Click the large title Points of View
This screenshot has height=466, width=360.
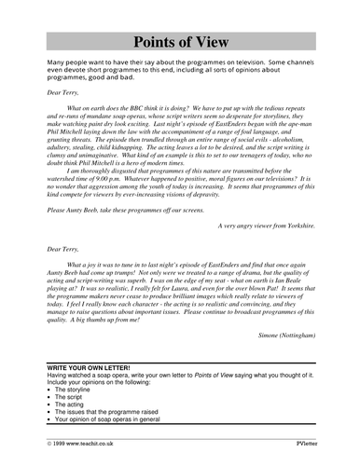(179, 42)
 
